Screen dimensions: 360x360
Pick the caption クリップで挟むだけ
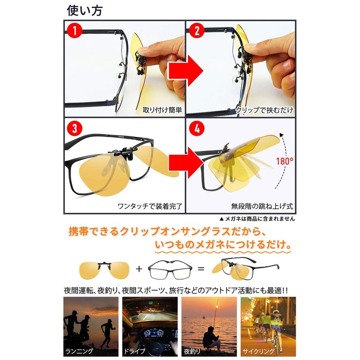tap(263, 110)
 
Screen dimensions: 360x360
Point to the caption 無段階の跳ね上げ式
tap(263, 207)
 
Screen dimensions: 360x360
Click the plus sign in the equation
tap(139, 269)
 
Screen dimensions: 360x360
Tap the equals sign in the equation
tap(201, 269)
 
